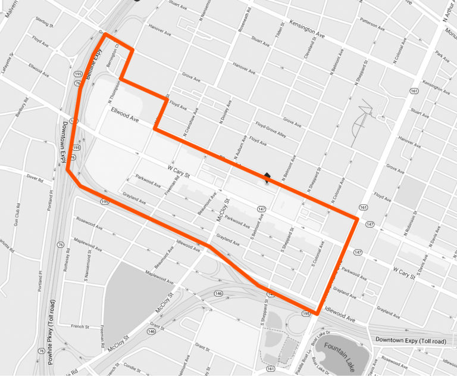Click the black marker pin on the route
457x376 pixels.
(x=267, y=176)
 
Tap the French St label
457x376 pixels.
(x=80, y=327)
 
